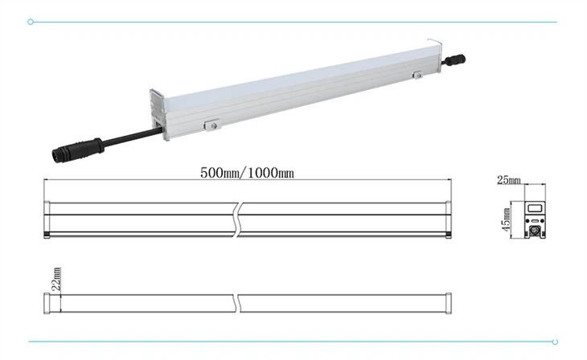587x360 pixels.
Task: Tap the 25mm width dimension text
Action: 508,180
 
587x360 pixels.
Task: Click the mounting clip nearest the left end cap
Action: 211,125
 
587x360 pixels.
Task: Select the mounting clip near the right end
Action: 417,76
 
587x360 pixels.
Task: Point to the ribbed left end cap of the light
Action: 158,112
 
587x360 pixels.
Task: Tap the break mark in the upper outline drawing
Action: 239,215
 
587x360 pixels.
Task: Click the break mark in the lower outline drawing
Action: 239,301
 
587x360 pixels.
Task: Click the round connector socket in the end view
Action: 535,230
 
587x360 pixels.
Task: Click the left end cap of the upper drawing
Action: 47,215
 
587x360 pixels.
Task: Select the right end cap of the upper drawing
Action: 448,215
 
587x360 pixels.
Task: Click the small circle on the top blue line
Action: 31,22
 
